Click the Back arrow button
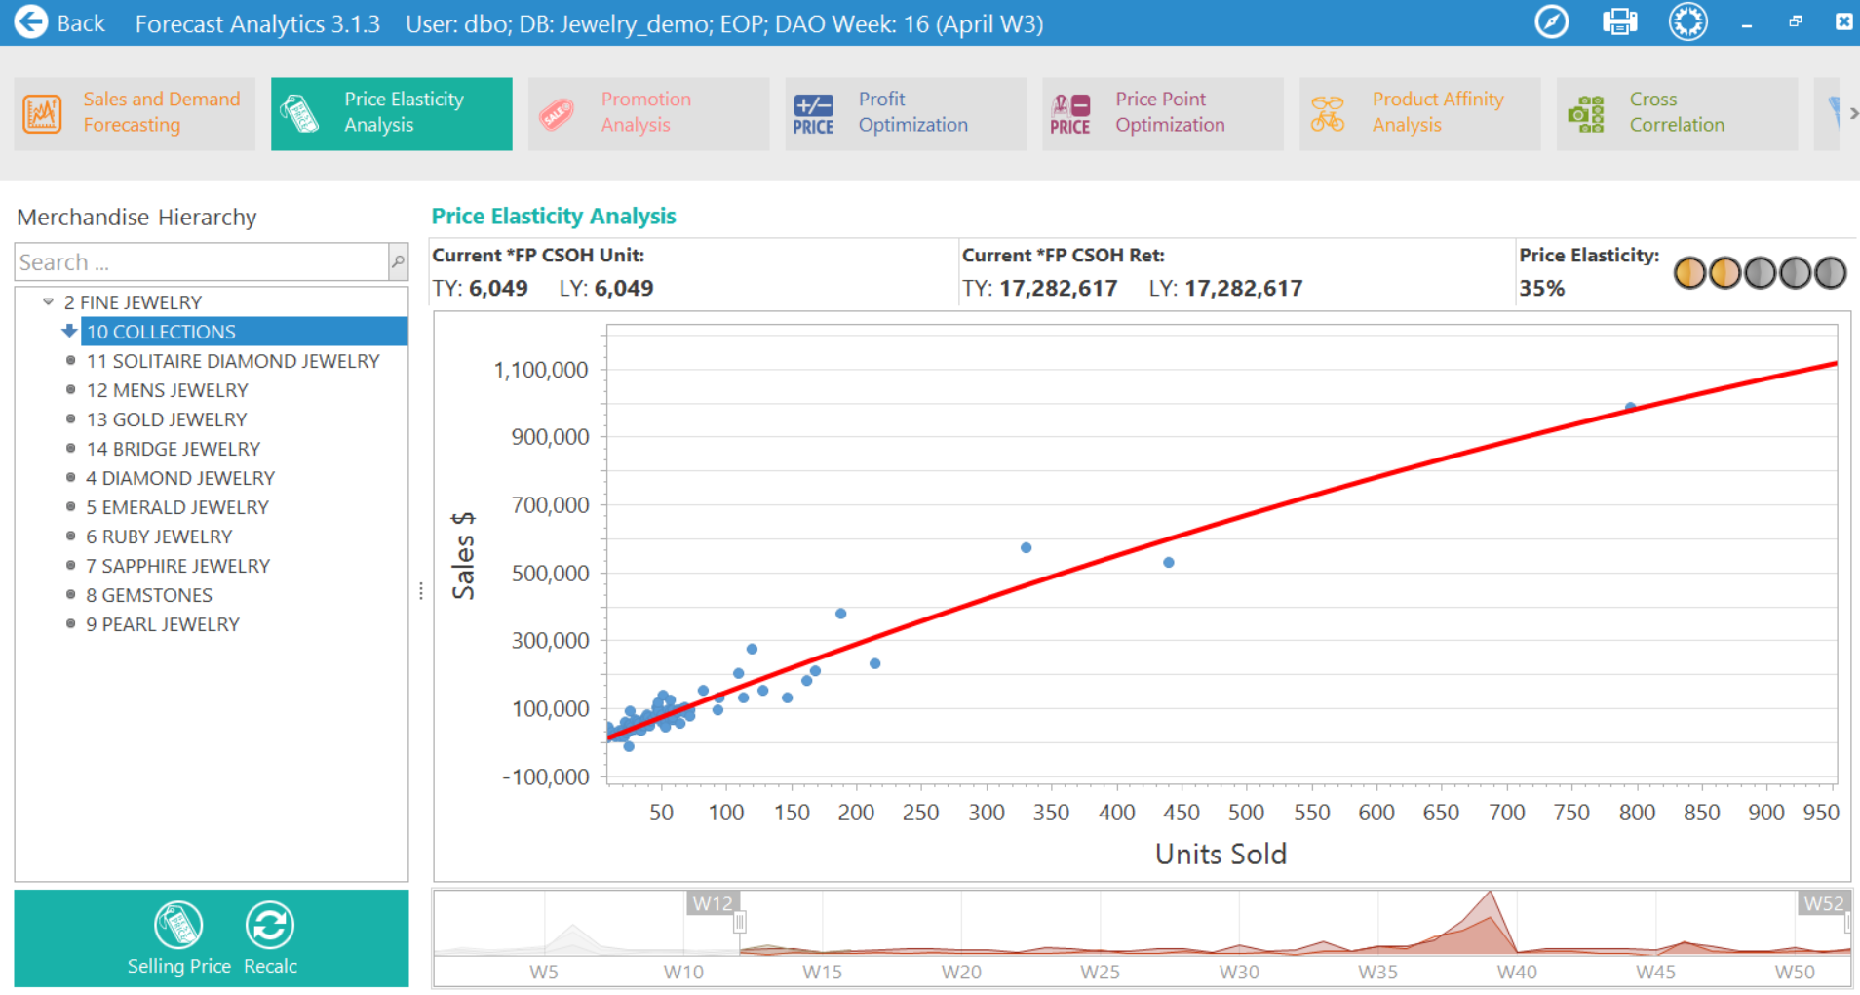[x=31, y=21]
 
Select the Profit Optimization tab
[x=905, y=113]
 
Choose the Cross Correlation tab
[x=1676, y=113]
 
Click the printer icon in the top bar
[x=1619, y=21]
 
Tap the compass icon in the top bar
[x=1551, y=21]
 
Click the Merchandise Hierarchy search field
[x=201, y=262]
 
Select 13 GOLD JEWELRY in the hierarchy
[x=167, y=419]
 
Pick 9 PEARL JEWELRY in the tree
[x=163, y=624]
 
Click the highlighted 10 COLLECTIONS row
[x=162, y=332]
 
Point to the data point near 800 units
[x=1630, y=407]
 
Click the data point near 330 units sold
[x=1026, y=548]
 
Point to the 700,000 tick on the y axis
[x=550, y=505]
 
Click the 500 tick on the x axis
[x=1246, y=812]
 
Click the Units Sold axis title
[x=1221, y=854]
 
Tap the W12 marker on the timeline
[x=713, y=903]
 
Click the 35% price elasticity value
[x=1541, y=289]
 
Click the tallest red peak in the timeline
[x=1489, y=895]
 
